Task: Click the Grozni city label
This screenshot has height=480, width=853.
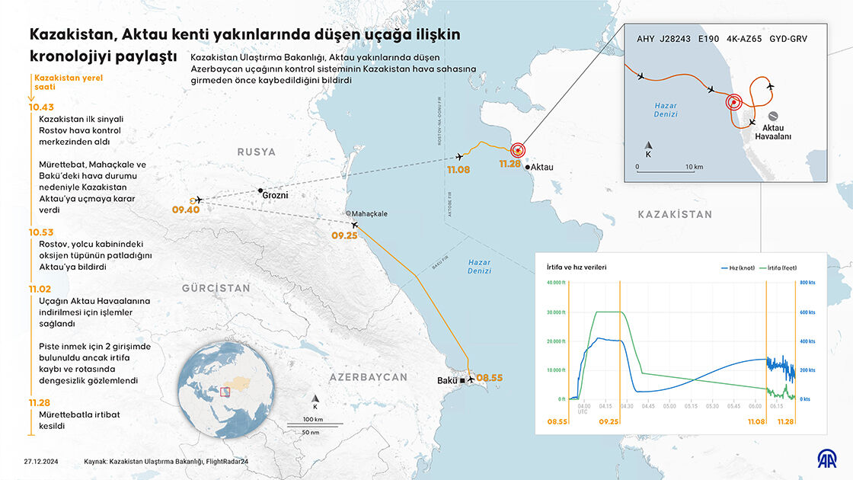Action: (275, 195)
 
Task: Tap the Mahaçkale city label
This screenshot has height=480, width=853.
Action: (369, 214)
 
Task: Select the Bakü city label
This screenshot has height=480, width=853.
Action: (447, 379)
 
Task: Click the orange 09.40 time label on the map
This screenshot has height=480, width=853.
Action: (186, 210)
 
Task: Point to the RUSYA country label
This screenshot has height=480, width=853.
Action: (256, 152)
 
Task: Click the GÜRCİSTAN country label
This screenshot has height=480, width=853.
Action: (216, 288)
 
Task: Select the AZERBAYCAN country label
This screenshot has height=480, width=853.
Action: (369, 377)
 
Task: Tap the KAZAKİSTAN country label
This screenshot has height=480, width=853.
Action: (675, 215)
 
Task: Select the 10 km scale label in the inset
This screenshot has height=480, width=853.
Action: (693, 166)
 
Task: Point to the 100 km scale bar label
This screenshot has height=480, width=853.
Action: (314, 419)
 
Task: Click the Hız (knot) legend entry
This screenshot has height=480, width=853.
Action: (736, 267)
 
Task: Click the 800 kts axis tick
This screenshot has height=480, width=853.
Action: (807, 283)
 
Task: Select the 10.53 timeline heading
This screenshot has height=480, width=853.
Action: (41, 232)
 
